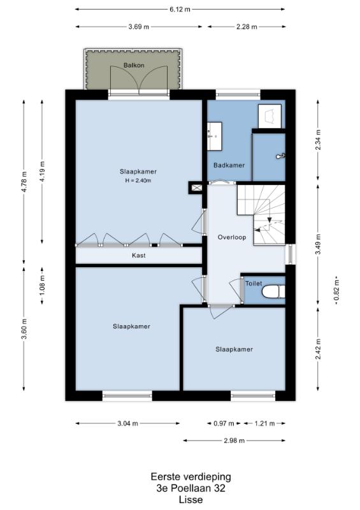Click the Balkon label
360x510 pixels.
click(134, 66)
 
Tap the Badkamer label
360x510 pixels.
click(229, 165)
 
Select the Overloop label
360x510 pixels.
click(232, 237)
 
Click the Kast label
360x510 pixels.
click(139, 256)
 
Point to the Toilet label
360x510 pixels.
click(254, 283)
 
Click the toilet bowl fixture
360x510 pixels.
click(273, 292)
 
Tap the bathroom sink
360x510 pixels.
click(214, 136)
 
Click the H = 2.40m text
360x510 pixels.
click(138, 180)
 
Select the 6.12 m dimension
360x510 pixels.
click(180, 9)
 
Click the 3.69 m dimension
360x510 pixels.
click(139, 27)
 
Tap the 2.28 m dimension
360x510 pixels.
click(247, 27)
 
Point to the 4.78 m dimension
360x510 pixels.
click(24, 181)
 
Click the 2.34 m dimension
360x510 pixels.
click(318, 140)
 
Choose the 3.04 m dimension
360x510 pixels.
click(127, 423)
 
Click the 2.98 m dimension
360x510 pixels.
click(234, 441)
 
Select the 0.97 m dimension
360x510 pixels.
click(224, 423)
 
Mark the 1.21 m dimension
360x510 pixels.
click(264, 423)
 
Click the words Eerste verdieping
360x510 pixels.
click(191, 477)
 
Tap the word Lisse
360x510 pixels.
click(191, 500)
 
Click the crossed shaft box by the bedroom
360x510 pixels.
click(196, 187)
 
